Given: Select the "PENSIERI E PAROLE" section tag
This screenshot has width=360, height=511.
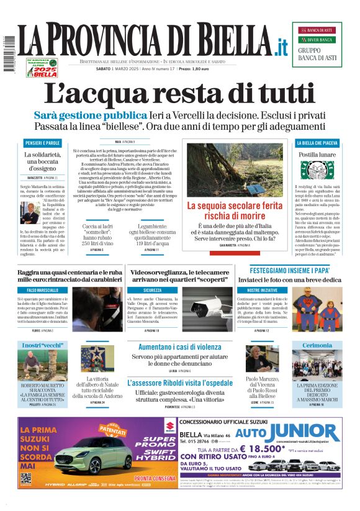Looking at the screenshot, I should tap(42, 143).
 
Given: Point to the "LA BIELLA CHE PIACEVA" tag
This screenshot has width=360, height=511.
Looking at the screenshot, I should tap(318, 143).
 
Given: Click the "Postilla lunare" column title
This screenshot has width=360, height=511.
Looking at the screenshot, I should tap(317, 155).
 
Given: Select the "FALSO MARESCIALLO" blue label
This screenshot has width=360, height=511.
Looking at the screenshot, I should tap(42, 290).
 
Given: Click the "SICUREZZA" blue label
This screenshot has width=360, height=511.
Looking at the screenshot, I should tap(152, 290).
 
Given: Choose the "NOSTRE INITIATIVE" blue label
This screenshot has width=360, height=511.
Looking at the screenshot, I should tap(261, 290).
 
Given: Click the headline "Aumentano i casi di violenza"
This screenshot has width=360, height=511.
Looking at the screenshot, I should tap(179, 347).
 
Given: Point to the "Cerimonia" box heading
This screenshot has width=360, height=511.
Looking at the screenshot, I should tap(317, 345).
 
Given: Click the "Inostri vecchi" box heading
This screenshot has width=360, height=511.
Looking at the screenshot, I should tap(40, 345).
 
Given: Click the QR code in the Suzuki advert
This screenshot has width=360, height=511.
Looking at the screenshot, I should tap(25, 479).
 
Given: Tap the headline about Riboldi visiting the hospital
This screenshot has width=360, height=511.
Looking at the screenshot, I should tap(179, 382).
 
